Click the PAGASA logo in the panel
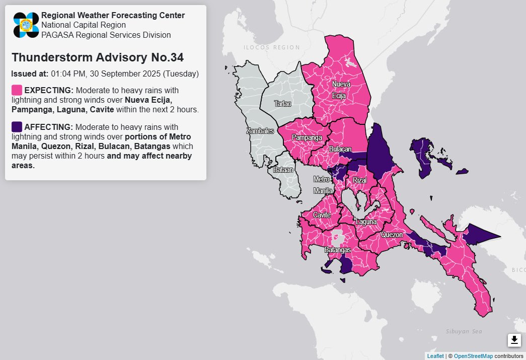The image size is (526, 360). tap(26, 25)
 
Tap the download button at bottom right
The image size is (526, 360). tap(514, 340)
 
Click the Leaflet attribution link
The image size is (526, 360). tap(435, 356)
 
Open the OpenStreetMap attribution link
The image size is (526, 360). tap(473, 356)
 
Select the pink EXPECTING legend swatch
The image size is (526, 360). tap(17, 90)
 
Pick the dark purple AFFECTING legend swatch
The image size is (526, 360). tap(17, 126)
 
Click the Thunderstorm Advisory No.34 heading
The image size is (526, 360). tap(97, 57)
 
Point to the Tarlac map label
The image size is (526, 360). tap(282, 104)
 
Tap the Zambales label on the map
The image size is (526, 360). tap(260, 131)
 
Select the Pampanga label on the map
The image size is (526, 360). tap(307, 137)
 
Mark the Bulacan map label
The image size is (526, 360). tap(340, 150)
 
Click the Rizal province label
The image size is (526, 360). tap(359, 180)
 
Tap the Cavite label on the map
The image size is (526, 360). tap(322, 215)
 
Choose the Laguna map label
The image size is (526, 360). tap(366, 222)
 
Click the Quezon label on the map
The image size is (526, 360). tap(392, 235)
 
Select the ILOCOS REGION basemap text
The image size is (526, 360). tap(272, 47)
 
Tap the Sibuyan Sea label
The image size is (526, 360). tap(464, 331)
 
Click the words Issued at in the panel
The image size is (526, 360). tap(30, 74)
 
